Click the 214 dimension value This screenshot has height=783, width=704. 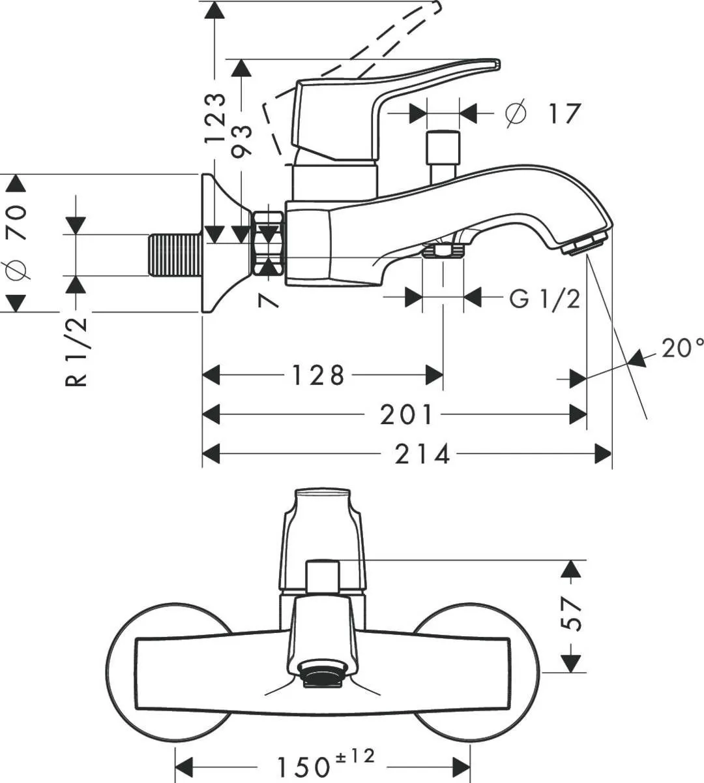(422, 453)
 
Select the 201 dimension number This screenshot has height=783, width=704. (406, 414)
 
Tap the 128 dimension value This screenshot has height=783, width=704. (317, 375)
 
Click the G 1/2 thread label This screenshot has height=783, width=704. (544, 299)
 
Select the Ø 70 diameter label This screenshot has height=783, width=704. (17, 241)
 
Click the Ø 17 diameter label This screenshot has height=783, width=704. (542, 114)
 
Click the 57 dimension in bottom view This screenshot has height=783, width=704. (572, 613)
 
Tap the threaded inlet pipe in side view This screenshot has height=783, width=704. (175, 255)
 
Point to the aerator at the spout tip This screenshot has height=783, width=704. (583, 244)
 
